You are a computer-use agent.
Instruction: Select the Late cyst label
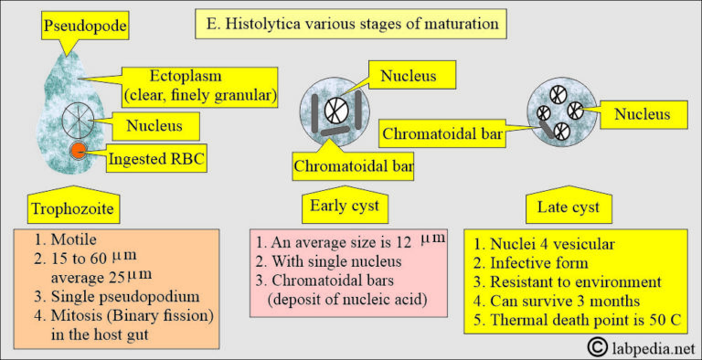567,209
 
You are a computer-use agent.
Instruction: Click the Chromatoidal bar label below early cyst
353,166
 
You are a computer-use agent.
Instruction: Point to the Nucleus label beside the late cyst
641,114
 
